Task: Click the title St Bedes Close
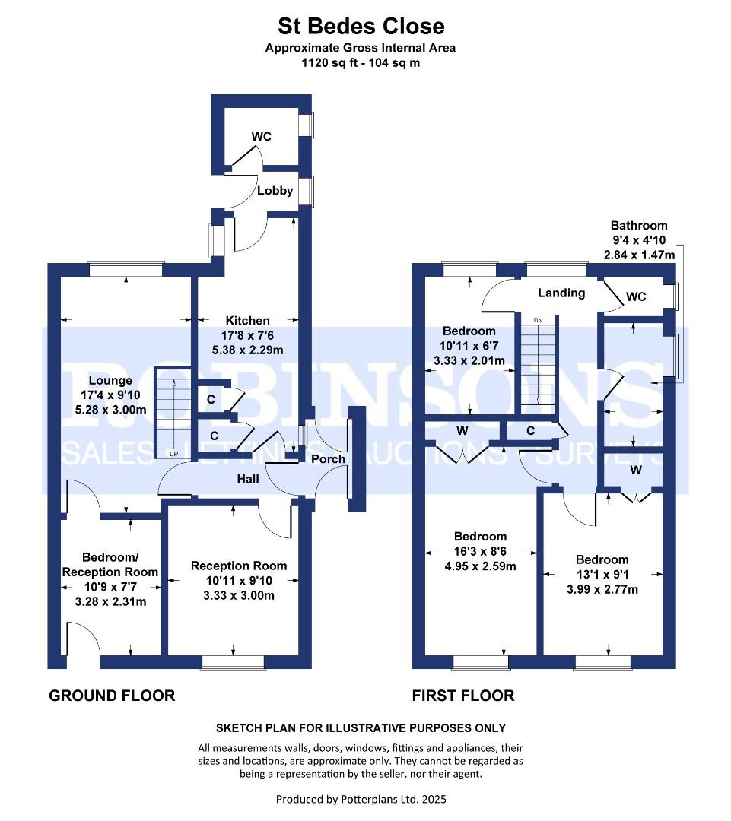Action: tap(361, 27)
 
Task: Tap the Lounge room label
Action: tap(110, 380)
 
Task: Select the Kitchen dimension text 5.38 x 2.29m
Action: tap(246, 350)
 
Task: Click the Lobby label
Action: tap(275, 191)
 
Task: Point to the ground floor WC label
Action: tap(262, 137)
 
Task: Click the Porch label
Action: tap(329, 458)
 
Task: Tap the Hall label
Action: tap(247, 479)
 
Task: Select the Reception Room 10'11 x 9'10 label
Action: tap(239, 566)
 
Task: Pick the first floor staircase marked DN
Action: tap(538, 363)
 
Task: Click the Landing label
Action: tap(561, 293)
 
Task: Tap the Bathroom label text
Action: tap(639, 226)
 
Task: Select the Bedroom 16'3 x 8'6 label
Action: tap(480, 536)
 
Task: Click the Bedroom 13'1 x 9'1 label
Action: tap(602, 559)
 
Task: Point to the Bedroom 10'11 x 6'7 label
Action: tap(469, 331)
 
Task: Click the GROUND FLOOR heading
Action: tap(112, 695)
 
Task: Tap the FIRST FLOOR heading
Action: tap(462, 695)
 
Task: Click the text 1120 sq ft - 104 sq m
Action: tap(361, 63)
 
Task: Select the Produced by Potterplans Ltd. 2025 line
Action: tap(361, 799)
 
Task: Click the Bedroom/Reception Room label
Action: tap(110, 565)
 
